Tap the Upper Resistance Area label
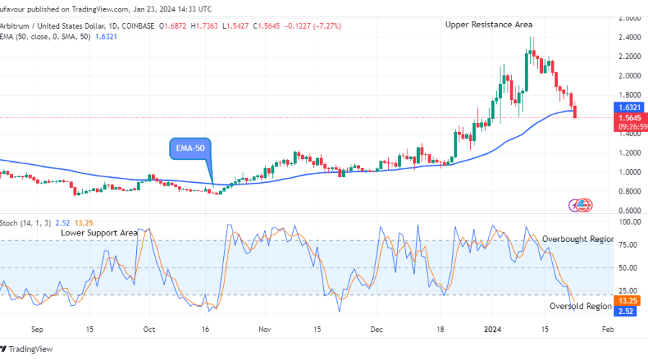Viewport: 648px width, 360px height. (488, 24)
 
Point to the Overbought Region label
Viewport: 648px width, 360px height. (577, 238)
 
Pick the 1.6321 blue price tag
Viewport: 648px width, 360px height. (631, 107)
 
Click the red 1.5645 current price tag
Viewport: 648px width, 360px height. (631, 117)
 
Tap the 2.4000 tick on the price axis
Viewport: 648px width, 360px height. (630, 37)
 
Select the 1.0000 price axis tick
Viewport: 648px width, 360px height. (630, 172)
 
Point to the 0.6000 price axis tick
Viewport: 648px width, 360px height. (630, 210)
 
